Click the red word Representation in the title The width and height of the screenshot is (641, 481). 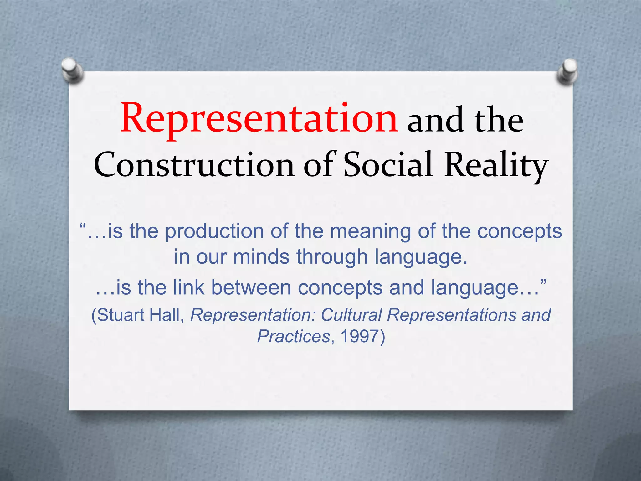click(x=259, y=119)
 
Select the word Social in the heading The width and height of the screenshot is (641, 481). click(x=388, y=164)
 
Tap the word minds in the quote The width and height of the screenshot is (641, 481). click(x=261, y=257)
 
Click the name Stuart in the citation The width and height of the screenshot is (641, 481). click(x=121, y=315)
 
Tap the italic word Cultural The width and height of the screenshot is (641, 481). click(x=351, y=315)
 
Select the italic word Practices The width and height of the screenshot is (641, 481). click(x=294, y=336)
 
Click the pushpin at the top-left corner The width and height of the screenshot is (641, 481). click(x=72, y=70)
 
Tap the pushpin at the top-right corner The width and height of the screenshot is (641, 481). click(x=568, y=71)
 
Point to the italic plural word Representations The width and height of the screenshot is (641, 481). click(x=452, y=315)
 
